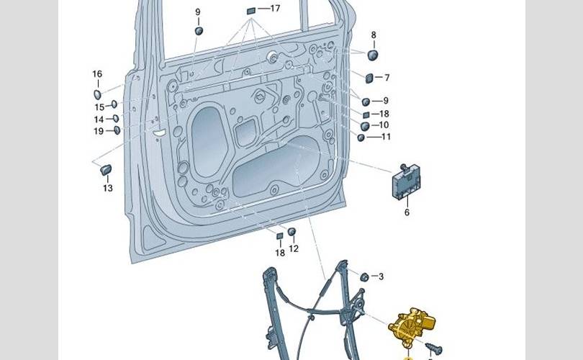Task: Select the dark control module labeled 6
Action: pos(407,185)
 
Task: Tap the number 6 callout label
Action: pos(407,212)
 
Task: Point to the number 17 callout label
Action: pos(275,9)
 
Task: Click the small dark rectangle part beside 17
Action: pos(251,10)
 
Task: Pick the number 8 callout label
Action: pos(374,35)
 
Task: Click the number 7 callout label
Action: pos(387,77)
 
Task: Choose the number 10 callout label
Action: pos(384,125)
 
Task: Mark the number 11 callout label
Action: pos(386,137)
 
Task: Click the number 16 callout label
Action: pos(97,74)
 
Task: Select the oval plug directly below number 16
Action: pos(97,93)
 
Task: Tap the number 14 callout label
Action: pos(98,120)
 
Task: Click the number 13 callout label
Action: pos(107,189)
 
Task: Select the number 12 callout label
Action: pos(294,249)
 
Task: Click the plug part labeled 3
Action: pos(364,276)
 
